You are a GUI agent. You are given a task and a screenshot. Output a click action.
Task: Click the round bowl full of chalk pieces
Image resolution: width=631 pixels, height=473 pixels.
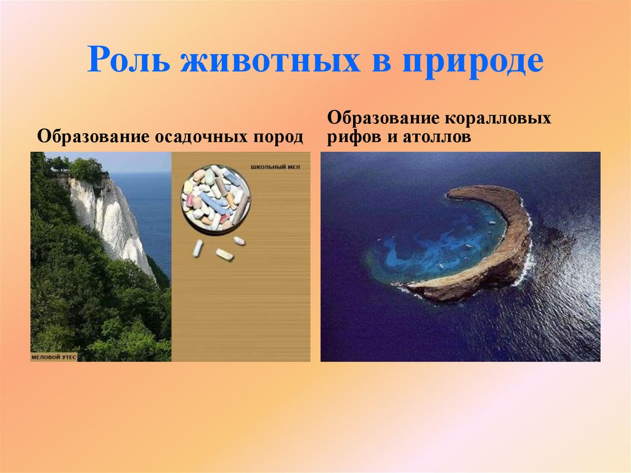pos(216,197)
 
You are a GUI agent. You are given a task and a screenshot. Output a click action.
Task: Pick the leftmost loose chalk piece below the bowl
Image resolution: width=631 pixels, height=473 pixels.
pos(198,248)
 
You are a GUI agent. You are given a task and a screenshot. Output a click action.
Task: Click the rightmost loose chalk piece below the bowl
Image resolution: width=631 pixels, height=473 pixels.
pos(238,241)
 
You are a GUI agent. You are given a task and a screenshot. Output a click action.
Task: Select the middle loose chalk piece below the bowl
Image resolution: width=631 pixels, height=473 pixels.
pos(224,253)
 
